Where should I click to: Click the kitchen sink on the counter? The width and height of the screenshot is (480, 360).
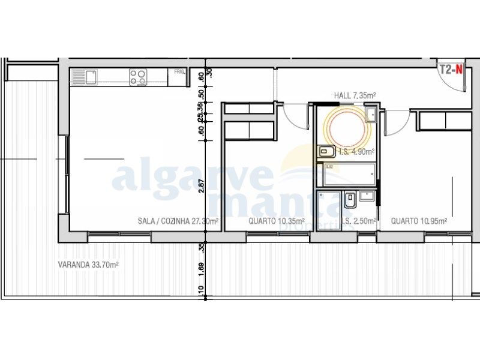pos(90,77)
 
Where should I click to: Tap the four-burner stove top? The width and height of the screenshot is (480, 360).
pos(138,76)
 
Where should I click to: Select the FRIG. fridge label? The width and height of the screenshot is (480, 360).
pos(179,73)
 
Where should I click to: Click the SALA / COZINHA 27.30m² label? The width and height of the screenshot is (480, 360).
pos(178,221)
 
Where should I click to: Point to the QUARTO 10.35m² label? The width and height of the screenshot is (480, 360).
pos(277,221)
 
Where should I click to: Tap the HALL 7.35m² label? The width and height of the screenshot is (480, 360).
pos(355,95)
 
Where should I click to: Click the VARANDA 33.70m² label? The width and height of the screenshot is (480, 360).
pos(88,264)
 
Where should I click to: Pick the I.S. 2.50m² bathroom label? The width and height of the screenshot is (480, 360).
pos(361,221)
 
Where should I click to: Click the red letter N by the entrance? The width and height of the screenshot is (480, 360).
pos(459,68)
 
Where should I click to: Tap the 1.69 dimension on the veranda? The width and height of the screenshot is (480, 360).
pos(202,268)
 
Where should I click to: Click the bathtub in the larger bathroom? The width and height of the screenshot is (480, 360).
pos(347,175)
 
